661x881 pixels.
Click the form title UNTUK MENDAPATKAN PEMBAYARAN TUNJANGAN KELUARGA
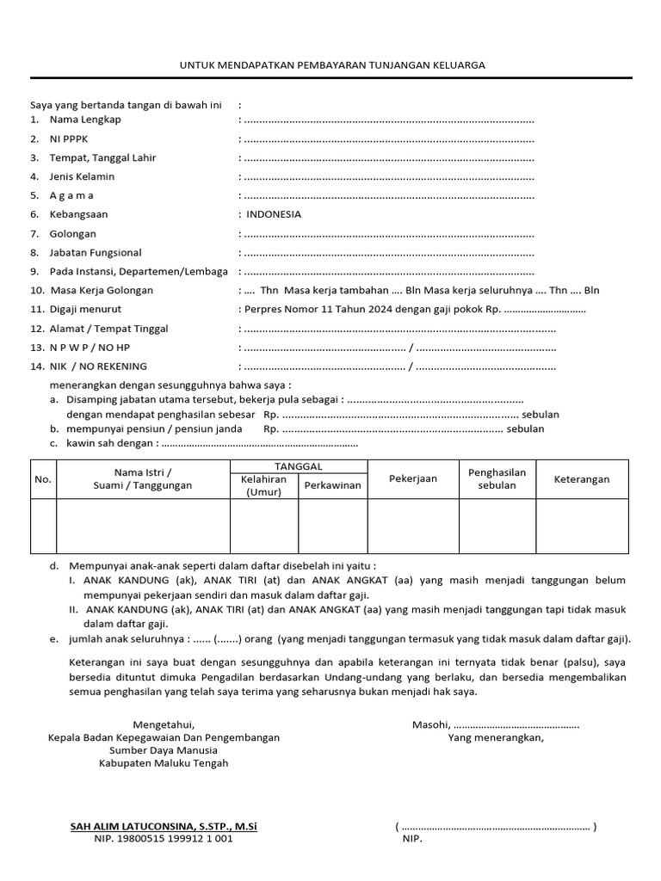pyautogui.click(x=331, y=65)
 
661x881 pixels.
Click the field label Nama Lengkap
pyautogui.click(x=85, y=120)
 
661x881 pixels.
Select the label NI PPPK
pyautogui.click(x=71, y=139)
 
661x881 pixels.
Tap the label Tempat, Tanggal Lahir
pyautogui.click(x=102, y=157)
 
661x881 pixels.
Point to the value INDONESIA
pyautogui.click(x=274, y=214)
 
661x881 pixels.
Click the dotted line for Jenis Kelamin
pyautogui.click(x=388, y=177)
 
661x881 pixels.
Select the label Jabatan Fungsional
pyautogui.click(x=96, y=253)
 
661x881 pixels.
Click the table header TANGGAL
pyautogui.click(x=299, y=465)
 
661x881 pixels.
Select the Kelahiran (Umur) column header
pyautogui.click(x=263, y=485)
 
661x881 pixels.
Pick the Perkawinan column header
pyautogui.click(x=333, y=485)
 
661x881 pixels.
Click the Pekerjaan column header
pyautogui.click(x=413, y=478)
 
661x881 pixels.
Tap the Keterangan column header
pyautogui.click(x=582, y=478)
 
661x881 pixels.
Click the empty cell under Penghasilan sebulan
pyautogui.click(x=497, y=526)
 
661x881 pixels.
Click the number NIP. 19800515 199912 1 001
pyautogui.click(x=163, y=839)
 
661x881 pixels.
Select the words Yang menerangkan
pyautogui.click(x=496, y=737)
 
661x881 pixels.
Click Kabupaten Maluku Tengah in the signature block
pyautogui.click(x=164, y=763)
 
